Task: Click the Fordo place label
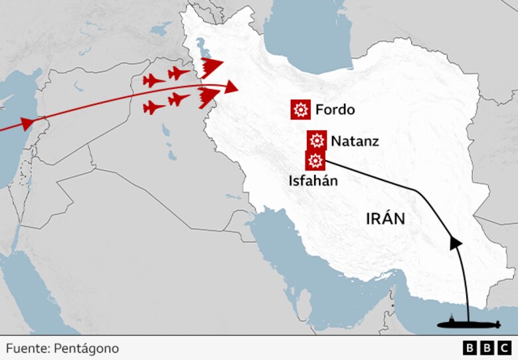[x=335, y=110]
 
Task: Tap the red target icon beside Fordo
[x=301, y=110]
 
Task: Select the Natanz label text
[x=355, y=141]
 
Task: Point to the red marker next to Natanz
[x=317, y=140]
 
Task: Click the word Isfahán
[x=313, y=180]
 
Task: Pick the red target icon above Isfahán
[x=315, y=161]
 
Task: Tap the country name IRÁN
[x=385, y=219]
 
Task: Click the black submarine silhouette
[x=468, y=324]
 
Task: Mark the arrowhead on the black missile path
[x=456, y=242]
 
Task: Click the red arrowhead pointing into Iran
[x=230, y=87]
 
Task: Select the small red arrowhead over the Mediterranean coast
[x=27, y=124]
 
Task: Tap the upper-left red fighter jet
[x=154, y=81]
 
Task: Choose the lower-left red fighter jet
[x=154, y=108]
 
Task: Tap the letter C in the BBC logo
[x=504, y=347]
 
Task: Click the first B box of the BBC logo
[x=470, y=347]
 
